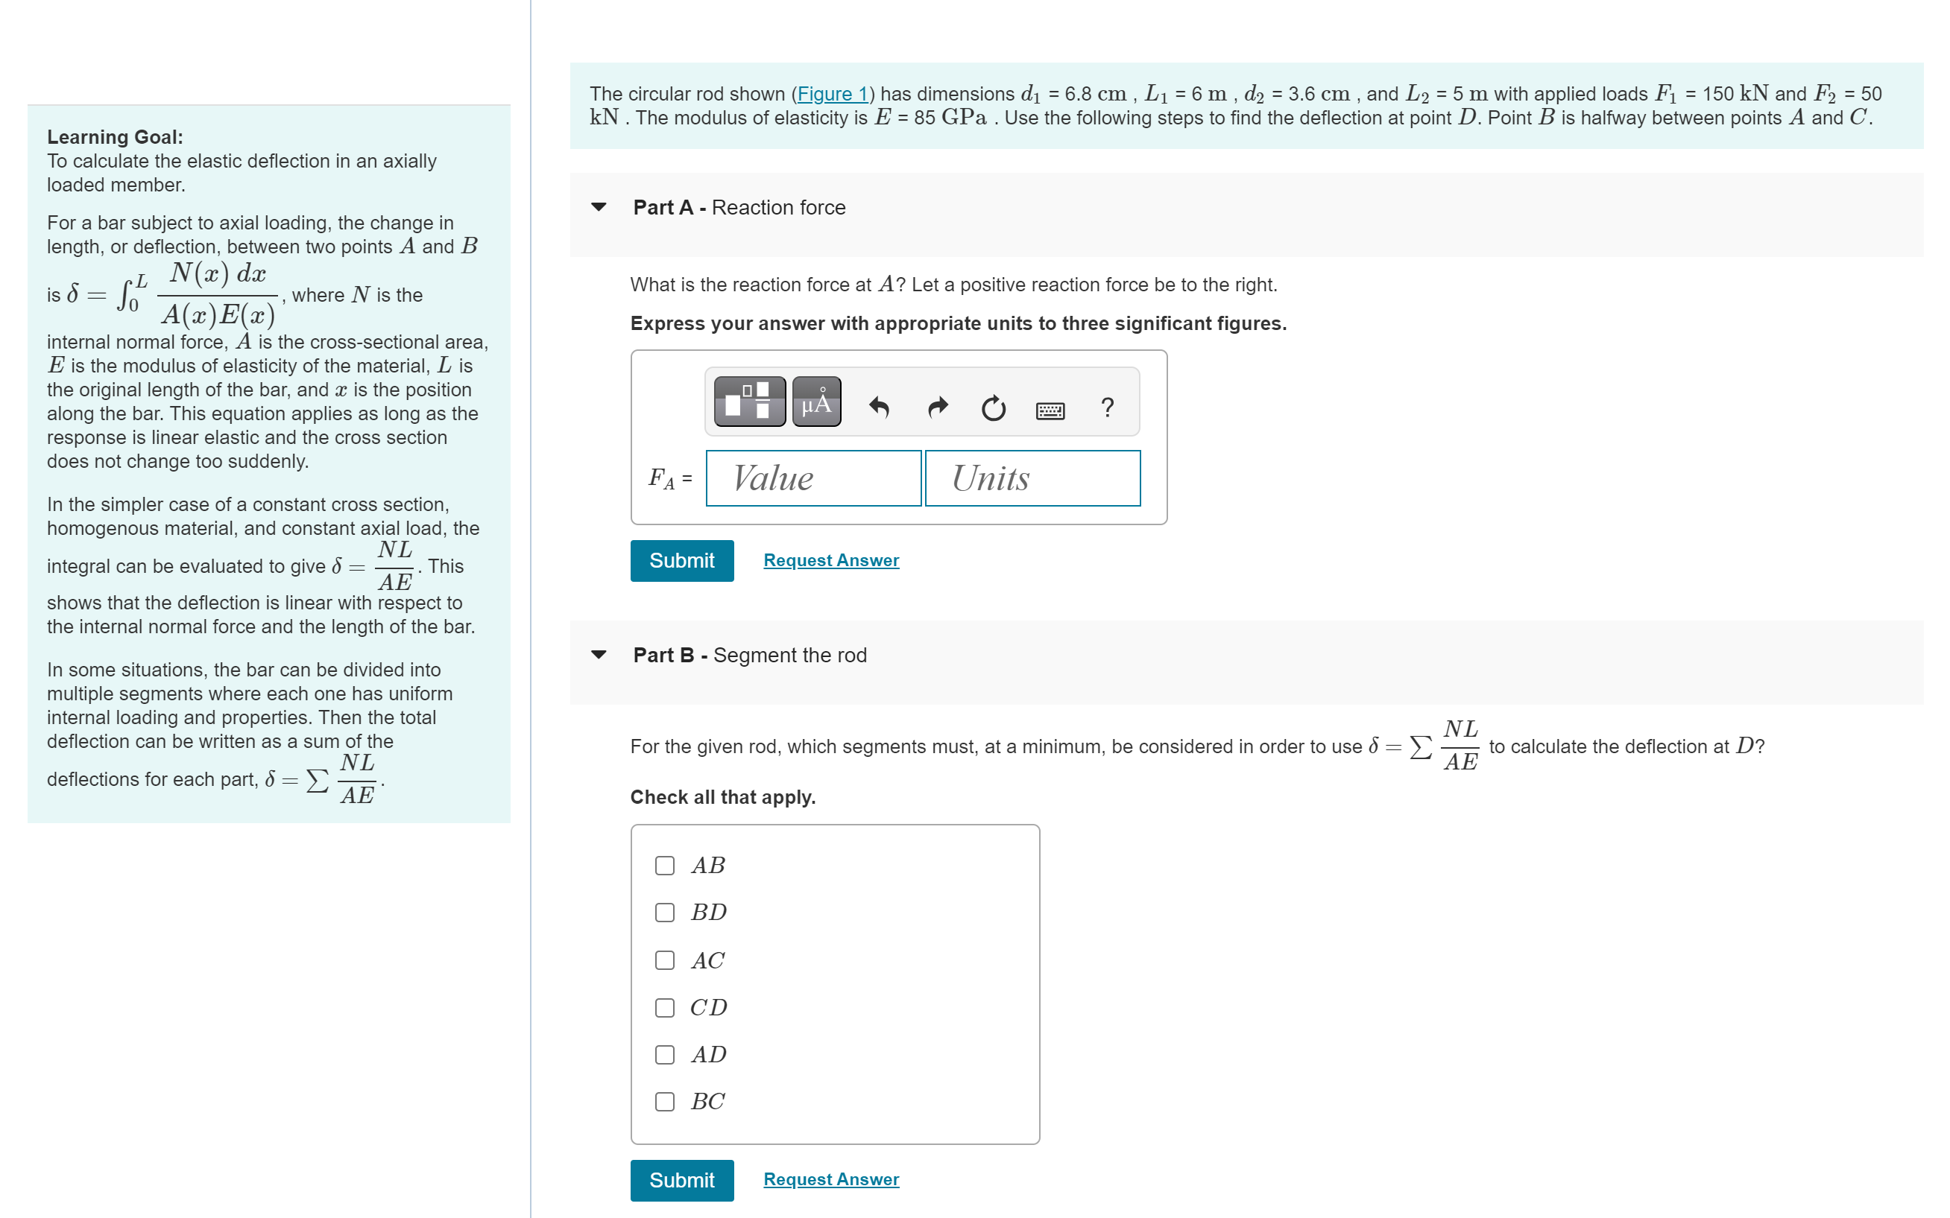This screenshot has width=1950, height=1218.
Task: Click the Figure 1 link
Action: (x=833, y=95)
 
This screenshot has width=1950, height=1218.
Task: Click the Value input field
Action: (x=813, y=478)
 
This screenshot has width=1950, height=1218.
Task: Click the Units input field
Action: (x=1032, y=478)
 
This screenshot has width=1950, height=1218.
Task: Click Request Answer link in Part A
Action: (x=831, y=560)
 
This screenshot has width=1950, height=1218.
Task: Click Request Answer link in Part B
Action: (x=831, y=1179)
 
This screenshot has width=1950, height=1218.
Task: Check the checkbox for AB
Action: (x=665, y=866)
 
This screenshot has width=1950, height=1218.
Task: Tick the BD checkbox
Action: (x=665, y=913)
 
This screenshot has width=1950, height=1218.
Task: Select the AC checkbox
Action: (x=665, y=960)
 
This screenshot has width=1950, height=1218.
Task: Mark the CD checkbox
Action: (x=665, y=1008)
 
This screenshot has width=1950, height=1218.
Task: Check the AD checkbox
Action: (x=665, y=1056)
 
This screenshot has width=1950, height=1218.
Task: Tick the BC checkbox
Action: (x=665, y=1102)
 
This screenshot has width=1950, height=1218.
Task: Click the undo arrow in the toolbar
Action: (x=879, y=407)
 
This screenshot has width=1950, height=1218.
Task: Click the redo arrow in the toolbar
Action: (x=937, y=407)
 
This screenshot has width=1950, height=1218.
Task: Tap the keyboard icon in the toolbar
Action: (x=1050, y=410)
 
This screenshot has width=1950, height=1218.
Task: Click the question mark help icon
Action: (x=1107, y=407)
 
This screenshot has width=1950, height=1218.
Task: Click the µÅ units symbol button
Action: (x=816, y=402)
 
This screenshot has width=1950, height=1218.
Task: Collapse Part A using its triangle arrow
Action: (x=599, y=207)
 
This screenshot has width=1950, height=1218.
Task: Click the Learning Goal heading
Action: (x=115, y=137)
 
